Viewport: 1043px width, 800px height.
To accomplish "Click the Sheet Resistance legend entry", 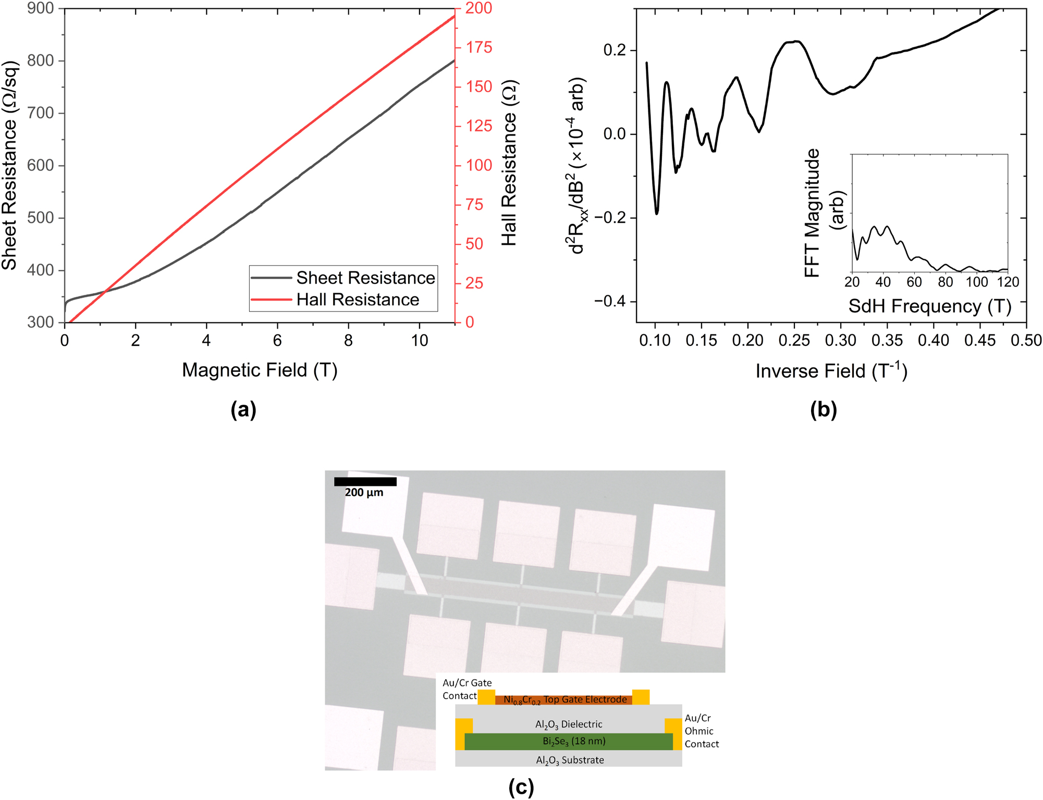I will pos(365,278).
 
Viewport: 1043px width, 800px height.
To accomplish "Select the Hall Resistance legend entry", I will pos(358,300).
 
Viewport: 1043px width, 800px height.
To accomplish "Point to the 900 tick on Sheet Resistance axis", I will pos(40,8).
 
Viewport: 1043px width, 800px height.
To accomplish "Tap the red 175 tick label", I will pos(478,47).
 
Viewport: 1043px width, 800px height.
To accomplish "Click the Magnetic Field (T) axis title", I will pos(260,370).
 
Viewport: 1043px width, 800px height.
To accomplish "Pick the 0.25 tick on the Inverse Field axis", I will pos(794,341).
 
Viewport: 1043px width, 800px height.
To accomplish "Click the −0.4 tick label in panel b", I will pos(609,302).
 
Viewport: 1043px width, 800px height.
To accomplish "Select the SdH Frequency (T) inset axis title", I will pos(929,306).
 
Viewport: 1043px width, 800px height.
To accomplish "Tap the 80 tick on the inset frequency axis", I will pos(946,282).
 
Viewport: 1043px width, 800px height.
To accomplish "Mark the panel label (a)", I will pos(243,410).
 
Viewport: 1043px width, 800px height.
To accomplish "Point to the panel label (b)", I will pos(823,410).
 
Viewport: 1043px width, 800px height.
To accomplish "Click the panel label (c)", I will pos(521,787).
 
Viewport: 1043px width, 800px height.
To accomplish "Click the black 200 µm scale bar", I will pos(365,482).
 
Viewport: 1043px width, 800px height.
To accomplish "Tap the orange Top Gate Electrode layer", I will pos(564,699).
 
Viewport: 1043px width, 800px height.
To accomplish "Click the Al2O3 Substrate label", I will pos(569,760).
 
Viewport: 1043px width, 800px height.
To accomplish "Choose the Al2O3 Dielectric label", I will pos(568,724).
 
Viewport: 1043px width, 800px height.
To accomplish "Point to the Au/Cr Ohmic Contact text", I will pos(701,731).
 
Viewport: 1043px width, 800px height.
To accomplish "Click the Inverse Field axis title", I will pos(831,371).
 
